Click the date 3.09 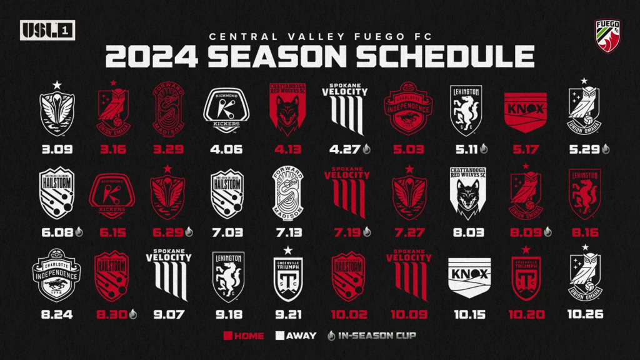57,150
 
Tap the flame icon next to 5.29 606,150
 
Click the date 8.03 467,233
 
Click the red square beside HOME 228,336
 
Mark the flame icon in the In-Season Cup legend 332,336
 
